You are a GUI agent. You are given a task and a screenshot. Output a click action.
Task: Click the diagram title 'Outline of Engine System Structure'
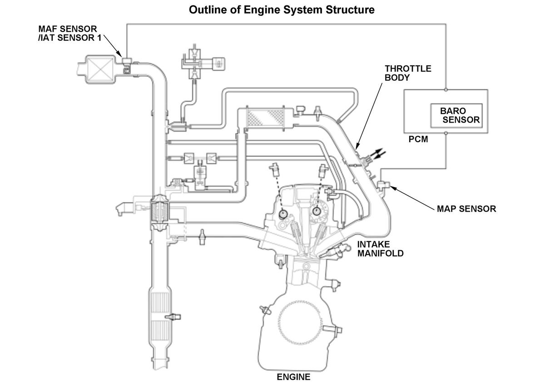(x=282, y=10)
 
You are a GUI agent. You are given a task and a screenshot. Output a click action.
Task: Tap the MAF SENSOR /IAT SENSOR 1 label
(x=70, y=33)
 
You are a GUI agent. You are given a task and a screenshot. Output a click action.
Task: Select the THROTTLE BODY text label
(x=408, y=73)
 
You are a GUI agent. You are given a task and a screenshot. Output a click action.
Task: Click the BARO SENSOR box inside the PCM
(x=456, y=115)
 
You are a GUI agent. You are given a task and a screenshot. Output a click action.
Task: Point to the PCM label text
(x=418, y=139)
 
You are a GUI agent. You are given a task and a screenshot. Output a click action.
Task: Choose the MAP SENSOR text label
(x=466, y=209)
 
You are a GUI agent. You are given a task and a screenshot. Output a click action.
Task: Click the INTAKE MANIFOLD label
(x=380, y=249)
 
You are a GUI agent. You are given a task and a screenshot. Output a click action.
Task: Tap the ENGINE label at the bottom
(x=293, y=377)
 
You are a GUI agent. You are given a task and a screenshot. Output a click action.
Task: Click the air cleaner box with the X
(x=100, y=69)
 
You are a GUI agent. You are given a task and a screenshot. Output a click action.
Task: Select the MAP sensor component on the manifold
(x=383, y=185)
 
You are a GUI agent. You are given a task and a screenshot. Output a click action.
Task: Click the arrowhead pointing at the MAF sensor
(x=119, y=54)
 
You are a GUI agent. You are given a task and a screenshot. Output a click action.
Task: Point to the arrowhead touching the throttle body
(x=357, y=146)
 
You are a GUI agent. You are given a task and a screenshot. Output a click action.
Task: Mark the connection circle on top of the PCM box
(x=446, y=89)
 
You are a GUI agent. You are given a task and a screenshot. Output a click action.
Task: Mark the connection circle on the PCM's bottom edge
(x=446, y=133)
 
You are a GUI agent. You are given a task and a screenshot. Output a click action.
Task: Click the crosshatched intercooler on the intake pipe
(x=265, y=118)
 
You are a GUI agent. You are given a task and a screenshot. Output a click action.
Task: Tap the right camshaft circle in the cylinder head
(x=316, y=211)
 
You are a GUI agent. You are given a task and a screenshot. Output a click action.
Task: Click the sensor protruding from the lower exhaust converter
(x=173, y=317)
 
